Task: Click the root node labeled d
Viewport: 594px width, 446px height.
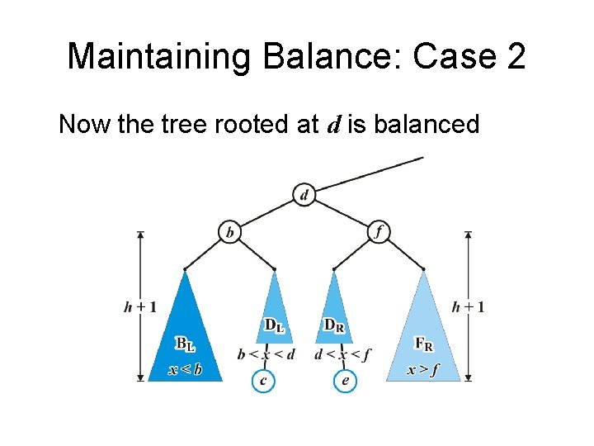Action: [x=304, y=196]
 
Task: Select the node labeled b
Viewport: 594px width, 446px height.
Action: [x=229, y=232]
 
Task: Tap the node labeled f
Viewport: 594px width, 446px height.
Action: [x=378, y=232]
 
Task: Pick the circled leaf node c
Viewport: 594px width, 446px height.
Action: [x=262, y=381]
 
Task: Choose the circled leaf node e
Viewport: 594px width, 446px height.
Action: [x=345, y=381]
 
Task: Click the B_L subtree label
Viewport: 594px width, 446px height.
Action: [x=185, y=342]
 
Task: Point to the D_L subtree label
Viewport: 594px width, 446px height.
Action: [x=274, y=327]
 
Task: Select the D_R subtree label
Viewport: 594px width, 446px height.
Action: [x=334, y=327]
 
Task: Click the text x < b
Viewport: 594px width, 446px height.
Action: [x=185, y=370]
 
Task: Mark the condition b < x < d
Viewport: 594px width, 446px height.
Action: [x=266, y=354]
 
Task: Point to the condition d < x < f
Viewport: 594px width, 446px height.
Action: [x=342, y=354]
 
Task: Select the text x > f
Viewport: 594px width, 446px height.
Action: [x=422, y=370]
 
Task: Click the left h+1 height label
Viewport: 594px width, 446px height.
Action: [x=140, y=307]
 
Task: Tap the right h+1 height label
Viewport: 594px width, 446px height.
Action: [x=468, y=307]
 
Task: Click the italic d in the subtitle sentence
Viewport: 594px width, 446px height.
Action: [x=334, y=126]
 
